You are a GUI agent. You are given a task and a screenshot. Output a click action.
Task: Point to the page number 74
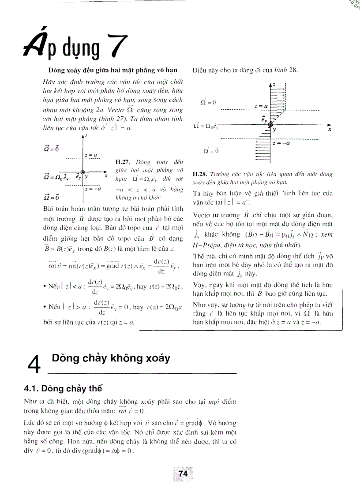[184, 473]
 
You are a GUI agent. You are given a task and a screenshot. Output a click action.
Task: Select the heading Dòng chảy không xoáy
[111, 358]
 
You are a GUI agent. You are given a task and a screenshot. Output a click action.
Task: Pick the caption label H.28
[199, 174]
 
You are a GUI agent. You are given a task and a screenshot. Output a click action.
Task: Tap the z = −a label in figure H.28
[281, 143]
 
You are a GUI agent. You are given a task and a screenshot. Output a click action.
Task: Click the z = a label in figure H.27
[92, 155]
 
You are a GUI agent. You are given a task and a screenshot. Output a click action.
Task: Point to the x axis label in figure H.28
[330, 130]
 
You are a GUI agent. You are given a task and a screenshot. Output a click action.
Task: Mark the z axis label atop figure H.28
[274, 84]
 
